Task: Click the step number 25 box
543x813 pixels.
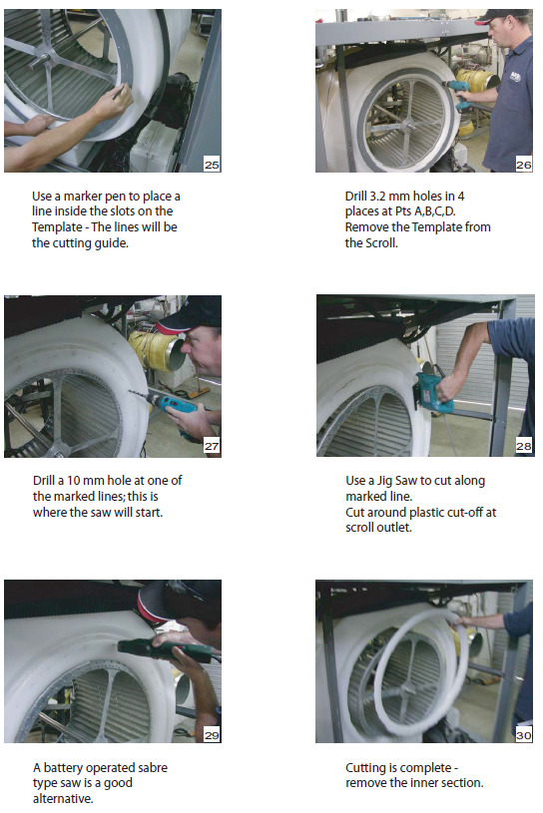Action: tap(212, 165)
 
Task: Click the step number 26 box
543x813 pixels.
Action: tap(524, 165)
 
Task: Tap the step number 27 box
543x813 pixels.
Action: tap(212, 445)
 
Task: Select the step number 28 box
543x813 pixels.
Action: tap(524, 445)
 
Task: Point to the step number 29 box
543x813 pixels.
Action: tap(212, 735)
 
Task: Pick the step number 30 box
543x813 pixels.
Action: tap(524, 735)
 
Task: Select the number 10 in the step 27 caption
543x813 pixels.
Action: tap(74, 481)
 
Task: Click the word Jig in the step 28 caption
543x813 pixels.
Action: tap(384, 482)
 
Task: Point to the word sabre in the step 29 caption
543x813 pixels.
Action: tap(153, 767)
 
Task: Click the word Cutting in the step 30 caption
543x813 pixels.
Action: tap(365, 768)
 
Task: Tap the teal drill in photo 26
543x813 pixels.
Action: tap(460, 95)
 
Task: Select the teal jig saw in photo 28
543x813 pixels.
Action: tap(433, 392)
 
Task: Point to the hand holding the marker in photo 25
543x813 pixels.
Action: tap(112, 102)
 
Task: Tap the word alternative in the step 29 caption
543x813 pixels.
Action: tap(63, 798)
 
